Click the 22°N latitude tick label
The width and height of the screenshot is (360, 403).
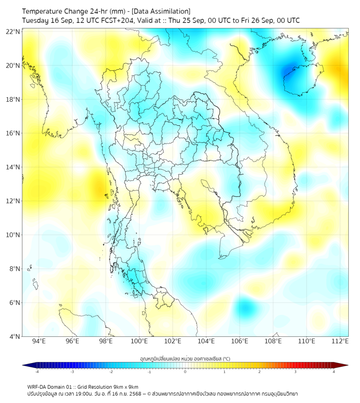(13, 32)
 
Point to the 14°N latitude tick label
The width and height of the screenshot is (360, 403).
(13, 167)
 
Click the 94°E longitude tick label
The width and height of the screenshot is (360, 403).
(39, 342)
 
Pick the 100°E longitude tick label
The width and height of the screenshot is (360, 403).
(139, 342)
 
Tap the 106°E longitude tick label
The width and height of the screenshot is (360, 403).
(240, 342)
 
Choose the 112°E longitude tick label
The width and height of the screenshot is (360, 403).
(340, 342)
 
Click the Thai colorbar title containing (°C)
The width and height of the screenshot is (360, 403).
(185, 358)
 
